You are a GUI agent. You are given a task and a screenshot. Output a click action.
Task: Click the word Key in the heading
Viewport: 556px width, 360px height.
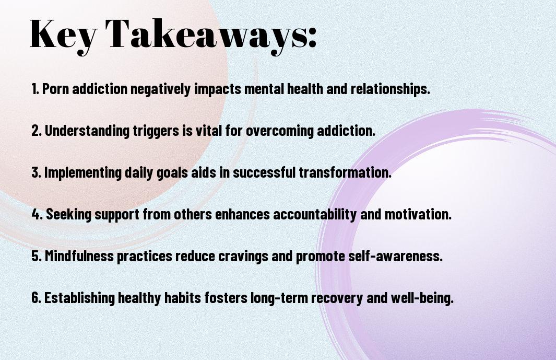pos(63,36)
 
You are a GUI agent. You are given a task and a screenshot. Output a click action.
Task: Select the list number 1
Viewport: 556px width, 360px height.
pos(35,89)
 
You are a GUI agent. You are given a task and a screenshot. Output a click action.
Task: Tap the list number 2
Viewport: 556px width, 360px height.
pos(36,131)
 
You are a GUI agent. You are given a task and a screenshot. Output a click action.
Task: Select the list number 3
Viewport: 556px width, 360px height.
pos(36,172)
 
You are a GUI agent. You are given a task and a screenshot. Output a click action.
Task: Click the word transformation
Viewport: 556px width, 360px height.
pos(345,172)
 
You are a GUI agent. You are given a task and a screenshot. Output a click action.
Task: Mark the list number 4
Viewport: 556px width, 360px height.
pos(37,214)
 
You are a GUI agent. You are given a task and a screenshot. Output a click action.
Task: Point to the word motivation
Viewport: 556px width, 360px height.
pos(418,214)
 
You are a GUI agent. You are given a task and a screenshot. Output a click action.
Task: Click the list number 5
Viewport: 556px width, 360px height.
pos(37,256)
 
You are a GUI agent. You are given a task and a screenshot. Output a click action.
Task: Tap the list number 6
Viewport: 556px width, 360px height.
pos(36,297)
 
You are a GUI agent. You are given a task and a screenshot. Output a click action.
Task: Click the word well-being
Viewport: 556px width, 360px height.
pos(422,298)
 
